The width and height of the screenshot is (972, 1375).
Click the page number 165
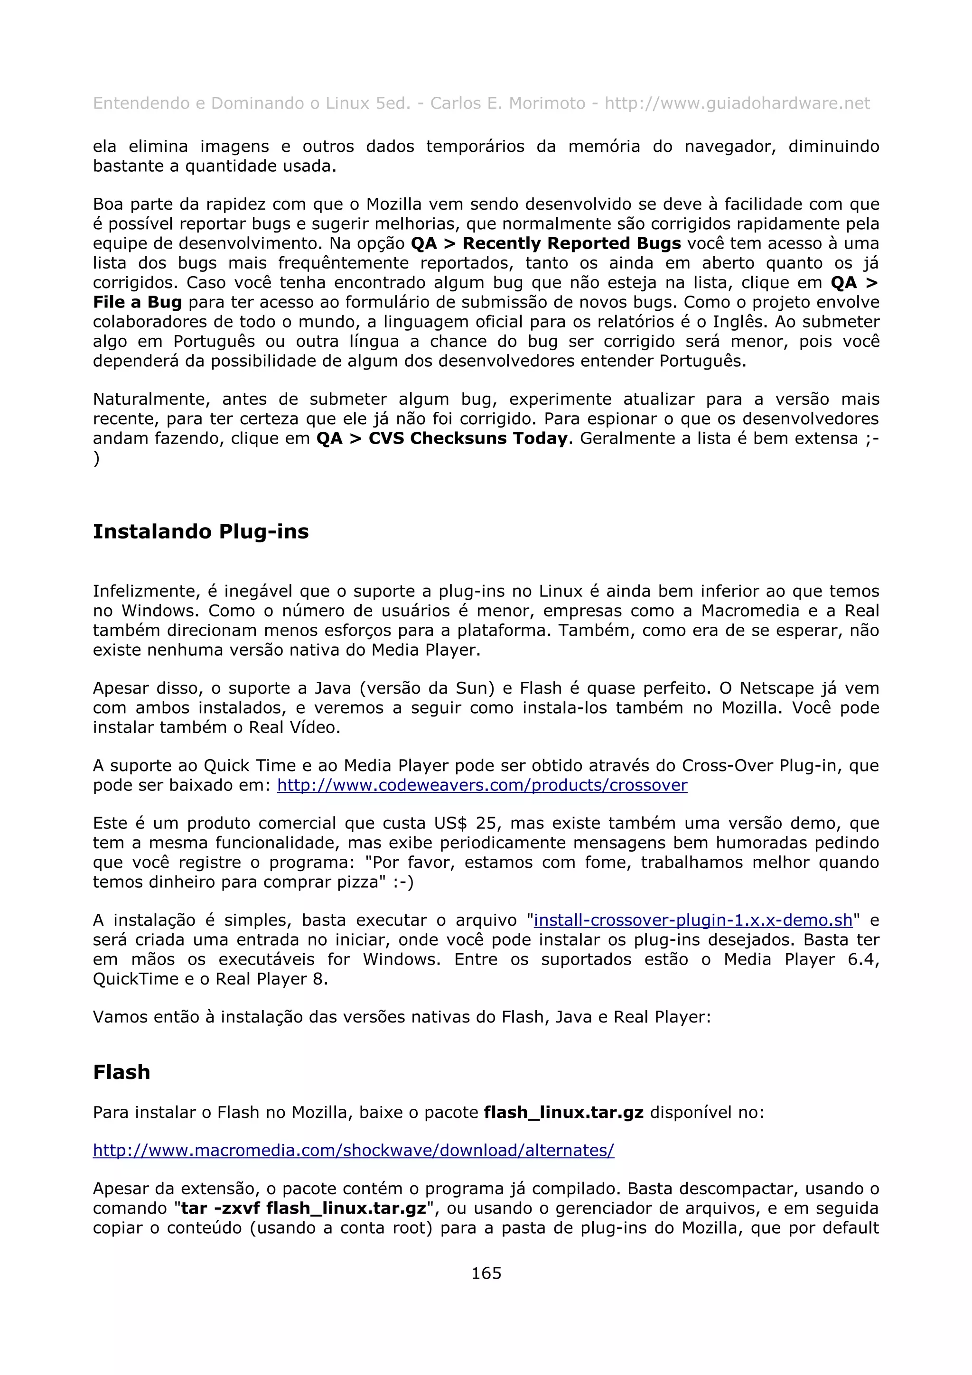coord(486,1273)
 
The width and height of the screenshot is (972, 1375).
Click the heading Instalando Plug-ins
coord(201,531)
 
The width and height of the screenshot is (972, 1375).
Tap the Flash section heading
coord(121,1071)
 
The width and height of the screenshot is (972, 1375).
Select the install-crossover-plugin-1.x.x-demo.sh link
coord(693,920)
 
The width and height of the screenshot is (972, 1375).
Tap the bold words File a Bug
coord(137,302)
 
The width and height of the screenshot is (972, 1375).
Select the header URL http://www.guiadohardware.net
coord(737,103)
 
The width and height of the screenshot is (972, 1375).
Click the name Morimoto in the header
coord(547,103)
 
